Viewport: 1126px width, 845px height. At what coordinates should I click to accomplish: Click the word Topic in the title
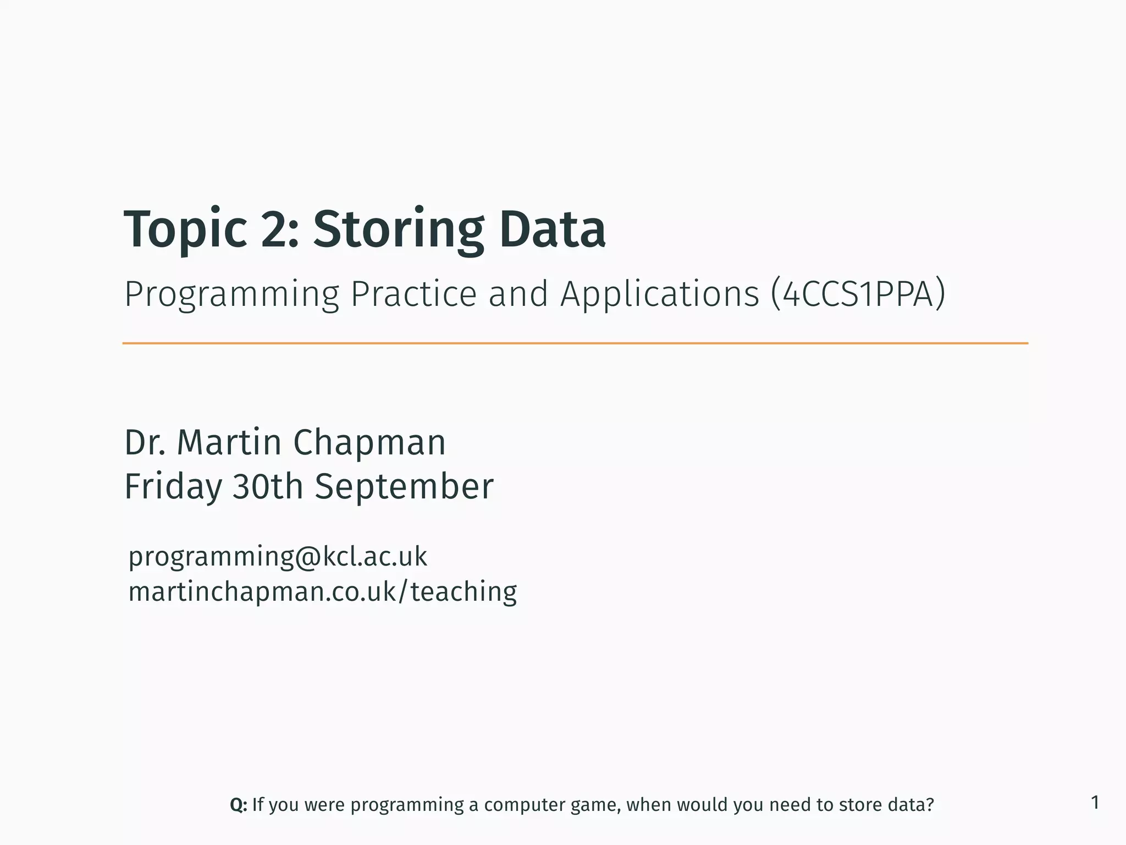(x=185, y=230)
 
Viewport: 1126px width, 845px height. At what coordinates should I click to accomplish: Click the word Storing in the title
(x=399, y=230)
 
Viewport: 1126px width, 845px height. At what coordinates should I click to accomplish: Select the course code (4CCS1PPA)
(x=858, y=294)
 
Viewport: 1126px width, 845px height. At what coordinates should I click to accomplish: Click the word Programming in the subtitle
(x=231, y=295)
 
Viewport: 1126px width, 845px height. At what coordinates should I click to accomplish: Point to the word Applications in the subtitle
(x=659, y=295)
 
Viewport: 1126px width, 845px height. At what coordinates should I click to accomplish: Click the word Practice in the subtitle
(x=413, y=294)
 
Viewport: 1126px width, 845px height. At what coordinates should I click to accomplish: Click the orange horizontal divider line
(x=575, y=343)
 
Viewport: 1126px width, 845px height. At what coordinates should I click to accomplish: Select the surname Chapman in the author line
(x=369, y=442)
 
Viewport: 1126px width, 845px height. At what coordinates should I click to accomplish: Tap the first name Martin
(x=229, y=442)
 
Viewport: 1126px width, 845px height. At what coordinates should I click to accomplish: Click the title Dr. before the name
(x=145, y=442)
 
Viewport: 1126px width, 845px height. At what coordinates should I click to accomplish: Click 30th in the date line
(x=268, y=486)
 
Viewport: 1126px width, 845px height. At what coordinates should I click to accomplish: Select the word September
(x=404, y=487)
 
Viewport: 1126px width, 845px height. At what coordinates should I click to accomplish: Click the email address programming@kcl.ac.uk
(x=278, y=557)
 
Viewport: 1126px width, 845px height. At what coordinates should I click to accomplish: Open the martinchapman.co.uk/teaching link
(x=323, y=592)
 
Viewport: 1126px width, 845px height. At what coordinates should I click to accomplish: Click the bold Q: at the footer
(x=239, y=805)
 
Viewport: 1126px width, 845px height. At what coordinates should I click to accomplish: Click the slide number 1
(x=1095, y=803)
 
